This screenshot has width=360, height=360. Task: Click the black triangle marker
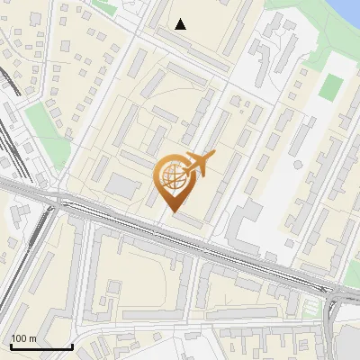tap(181, 24)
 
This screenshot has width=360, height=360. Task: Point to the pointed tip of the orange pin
tap(173, 211)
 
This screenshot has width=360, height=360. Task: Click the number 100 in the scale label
tap(19, 338)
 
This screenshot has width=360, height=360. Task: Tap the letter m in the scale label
tap(31, 338)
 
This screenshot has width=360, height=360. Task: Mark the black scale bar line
tap(40, 346)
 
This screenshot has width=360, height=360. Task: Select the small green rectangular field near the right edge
tap(331, 87)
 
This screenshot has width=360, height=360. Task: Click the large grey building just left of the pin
tap(121, 184)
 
